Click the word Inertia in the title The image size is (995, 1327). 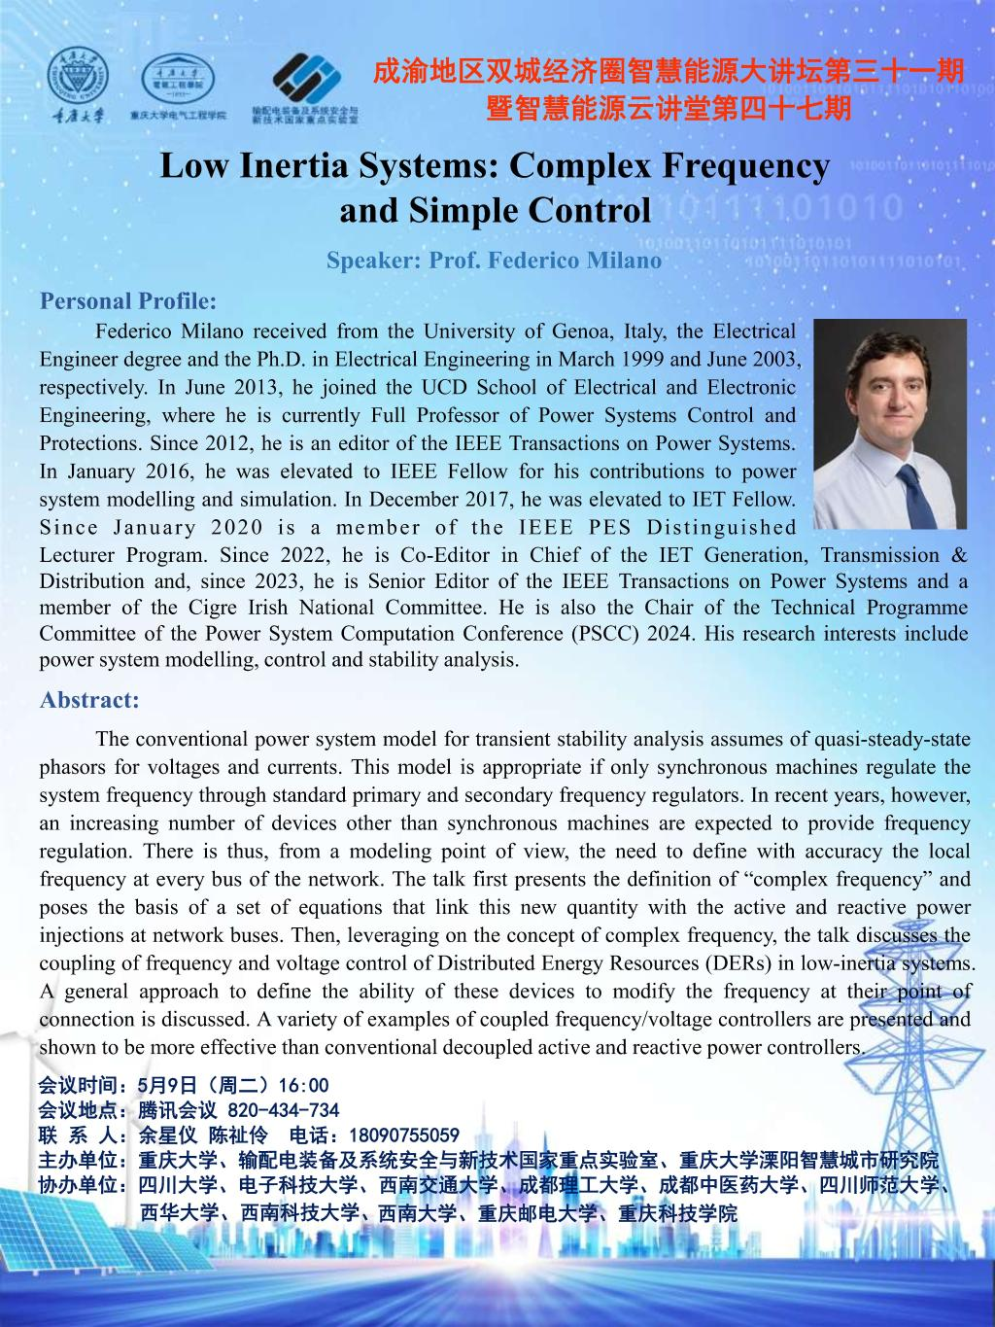295,166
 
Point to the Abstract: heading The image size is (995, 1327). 89,700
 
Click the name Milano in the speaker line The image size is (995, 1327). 625,261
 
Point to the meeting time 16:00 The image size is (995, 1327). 303,1085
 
